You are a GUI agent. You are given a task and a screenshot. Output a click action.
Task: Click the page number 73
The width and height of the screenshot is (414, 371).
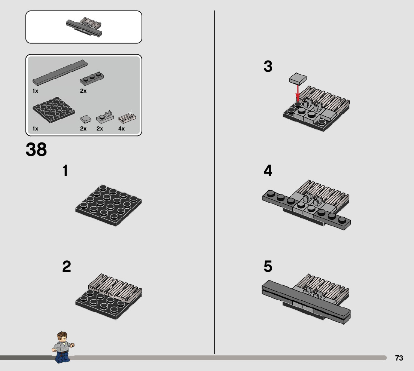tap(399, 358)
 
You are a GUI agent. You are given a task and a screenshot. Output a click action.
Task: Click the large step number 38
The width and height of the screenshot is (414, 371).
tap(36, 149)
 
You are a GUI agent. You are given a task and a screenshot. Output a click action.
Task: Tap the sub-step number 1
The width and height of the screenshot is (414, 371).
tap(65, 171)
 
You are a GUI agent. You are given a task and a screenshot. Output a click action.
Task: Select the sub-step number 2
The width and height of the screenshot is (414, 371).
tap(67, 266)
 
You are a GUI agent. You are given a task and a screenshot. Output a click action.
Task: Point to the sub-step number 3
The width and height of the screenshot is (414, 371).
tap(268, 66)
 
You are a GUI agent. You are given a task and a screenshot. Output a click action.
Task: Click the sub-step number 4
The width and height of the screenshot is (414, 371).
tap(268, 171)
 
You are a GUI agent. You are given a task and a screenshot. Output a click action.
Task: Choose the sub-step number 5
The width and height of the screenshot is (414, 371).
tap(268, 266)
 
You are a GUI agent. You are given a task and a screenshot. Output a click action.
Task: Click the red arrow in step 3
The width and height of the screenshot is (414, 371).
tap(298, 93)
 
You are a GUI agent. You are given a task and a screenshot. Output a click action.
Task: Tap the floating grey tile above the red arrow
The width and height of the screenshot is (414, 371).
tap(298, 78)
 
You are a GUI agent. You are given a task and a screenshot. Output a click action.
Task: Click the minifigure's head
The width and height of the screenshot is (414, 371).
tap(62, 337)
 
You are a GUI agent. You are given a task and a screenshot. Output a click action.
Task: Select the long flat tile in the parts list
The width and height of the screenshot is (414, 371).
tap(60, 72)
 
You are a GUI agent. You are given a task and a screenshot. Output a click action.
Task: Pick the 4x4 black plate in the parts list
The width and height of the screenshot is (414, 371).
tap(54, 110)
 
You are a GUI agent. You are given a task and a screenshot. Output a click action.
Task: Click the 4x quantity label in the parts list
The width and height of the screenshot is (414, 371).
tap(121, 129)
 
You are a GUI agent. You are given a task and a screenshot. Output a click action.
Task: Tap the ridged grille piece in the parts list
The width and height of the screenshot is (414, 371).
tap(127, 118)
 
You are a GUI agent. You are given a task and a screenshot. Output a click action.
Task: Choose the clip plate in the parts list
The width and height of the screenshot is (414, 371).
tap(105, 117)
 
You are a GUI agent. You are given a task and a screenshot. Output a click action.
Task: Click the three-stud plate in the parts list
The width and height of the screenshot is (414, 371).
tap(92, 79)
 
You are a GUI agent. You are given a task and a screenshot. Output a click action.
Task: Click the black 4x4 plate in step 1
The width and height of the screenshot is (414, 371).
tap(109, 205)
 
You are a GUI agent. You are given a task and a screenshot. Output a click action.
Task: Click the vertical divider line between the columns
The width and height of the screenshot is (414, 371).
tap(214, 182)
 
